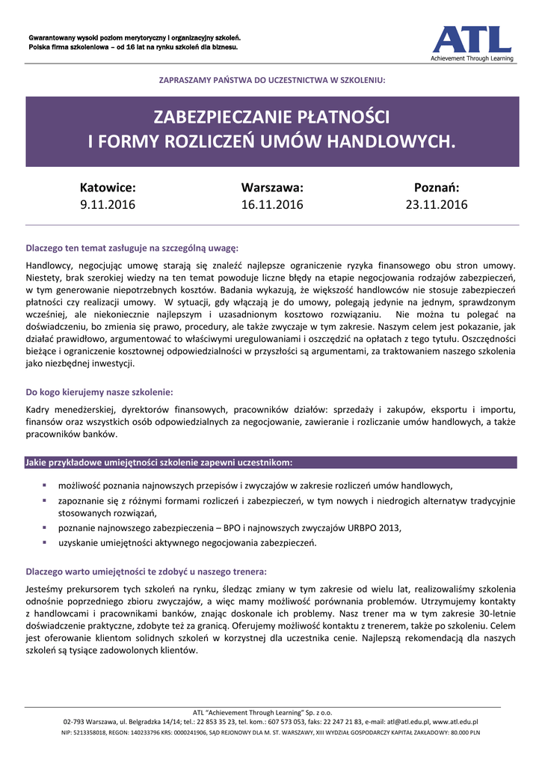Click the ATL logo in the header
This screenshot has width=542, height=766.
click(x=471, y=39)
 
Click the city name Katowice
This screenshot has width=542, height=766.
click(x=108, y=188)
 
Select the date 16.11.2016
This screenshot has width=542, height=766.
click(x=271, y=204)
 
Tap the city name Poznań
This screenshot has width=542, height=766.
click(x=437, y=188)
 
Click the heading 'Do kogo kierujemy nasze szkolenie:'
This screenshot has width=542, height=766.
click(x=99, y=391)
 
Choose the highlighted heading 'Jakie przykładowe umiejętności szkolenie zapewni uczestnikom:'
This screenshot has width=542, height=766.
click(x=158, y=462)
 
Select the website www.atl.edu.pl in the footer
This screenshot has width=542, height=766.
click(x=455, y=722)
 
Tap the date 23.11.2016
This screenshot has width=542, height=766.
click(x=437, y=204)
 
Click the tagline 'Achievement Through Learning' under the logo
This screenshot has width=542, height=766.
click(x=471, y=58)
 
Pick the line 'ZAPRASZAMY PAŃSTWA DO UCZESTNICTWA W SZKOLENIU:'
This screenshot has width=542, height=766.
click(x=271, y=80)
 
